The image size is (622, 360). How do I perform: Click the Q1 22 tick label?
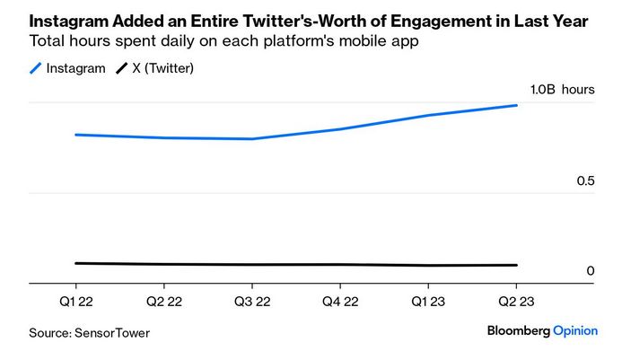pyautogui.click(x=76, y=302)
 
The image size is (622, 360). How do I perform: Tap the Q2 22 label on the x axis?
pyautogui.click(x=164, y=302)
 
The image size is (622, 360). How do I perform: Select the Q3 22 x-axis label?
pyautogui.click(x=252, y=302)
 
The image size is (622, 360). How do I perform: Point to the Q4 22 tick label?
pyautogui.click(x=340, y=302)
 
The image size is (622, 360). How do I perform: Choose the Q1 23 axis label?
pyautogui.click(x=428, y=302)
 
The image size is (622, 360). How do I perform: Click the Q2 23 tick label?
pyautogui.click(x=516, y=302)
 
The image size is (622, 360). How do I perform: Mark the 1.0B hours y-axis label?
pyautogui.click(x=562, y=90)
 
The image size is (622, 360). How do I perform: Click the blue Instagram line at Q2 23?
pyautogui.click(x=516, y=106)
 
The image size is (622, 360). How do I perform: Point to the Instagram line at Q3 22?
pyautogui.click(x=252, y=139)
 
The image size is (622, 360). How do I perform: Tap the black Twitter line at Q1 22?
pyautogui.click(x=76, y=263)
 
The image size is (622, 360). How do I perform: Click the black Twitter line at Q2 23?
pyautogui.click(x=516, y=265)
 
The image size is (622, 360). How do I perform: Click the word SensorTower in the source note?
pyautogui.click(x=113, y=333)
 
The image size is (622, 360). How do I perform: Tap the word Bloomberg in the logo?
pyautogui.click(x=518, y=330)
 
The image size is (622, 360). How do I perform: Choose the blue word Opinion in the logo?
pyautogui.click(x=575, y=330)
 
